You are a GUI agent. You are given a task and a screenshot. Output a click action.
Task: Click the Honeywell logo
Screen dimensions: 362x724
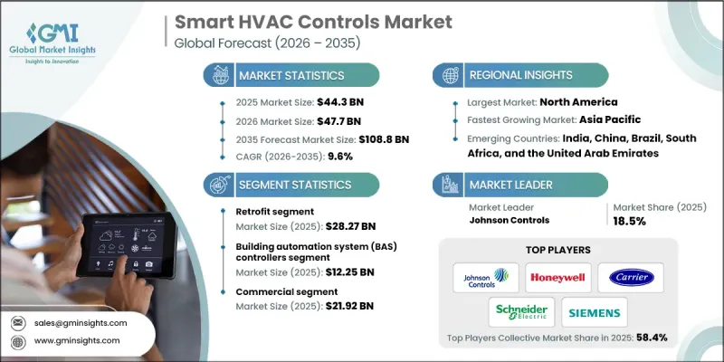pyautogui.click(x=557, y=277)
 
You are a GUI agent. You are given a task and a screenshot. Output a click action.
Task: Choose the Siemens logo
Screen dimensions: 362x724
pyautogui.click(x=594, y=313)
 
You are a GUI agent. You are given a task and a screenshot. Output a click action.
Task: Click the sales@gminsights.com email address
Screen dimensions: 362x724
pyautogui.click(x=82, y=322)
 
